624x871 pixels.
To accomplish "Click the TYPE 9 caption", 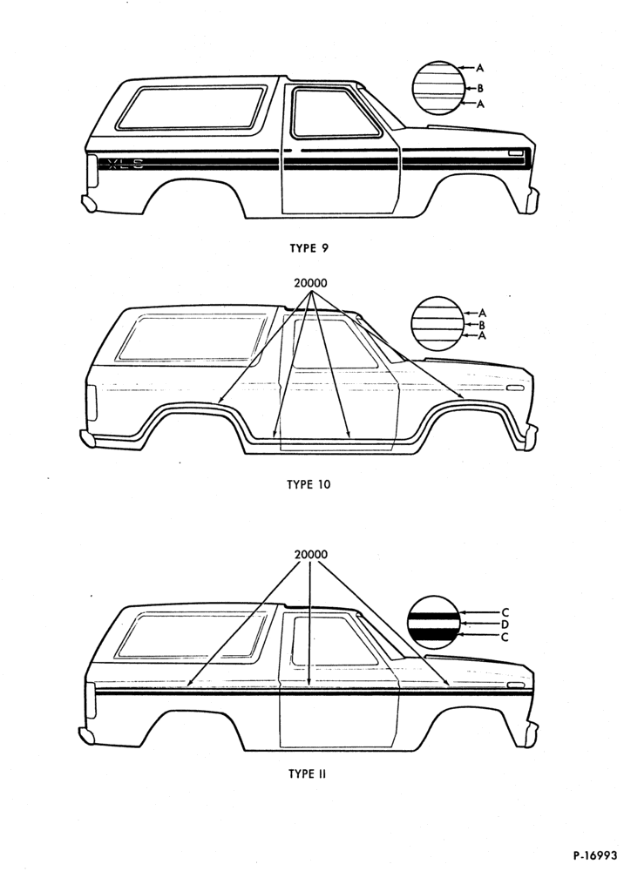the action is point(309,248).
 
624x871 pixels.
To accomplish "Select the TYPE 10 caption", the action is point(309,484).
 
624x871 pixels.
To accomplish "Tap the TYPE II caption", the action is point(307,773).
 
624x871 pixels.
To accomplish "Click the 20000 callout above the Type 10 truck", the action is point(310,283).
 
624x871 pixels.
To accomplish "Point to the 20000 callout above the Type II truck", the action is point(310,554).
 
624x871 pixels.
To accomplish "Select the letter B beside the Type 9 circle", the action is point(480,88).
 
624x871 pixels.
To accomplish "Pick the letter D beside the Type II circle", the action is point(505,625).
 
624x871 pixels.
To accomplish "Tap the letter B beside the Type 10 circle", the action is point(482,325).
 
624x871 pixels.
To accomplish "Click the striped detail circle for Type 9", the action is point(437,88).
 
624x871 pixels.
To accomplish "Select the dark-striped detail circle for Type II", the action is point(434,623).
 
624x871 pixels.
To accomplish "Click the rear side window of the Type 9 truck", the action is point(191,108).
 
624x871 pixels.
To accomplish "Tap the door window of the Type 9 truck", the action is point(335,112).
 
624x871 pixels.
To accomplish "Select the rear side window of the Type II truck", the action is point(192,634).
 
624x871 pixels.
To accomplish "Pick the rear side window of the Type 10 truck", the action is point(192,337).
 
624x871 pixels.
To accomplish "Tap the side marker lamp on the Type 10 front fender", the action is point(515,387).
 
